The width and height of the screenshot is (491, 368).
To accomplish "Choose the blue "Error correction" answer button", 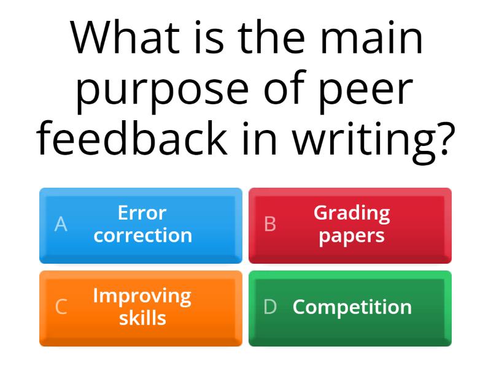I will [141, 225].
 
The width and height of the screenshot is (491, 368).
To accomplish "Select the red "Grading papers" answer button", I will [350, 225].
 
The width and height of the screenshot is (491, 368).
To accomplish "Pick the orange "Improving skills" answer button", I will [141, 308].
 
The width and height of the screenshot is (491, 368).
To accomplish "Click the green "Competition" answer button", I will [350, 308].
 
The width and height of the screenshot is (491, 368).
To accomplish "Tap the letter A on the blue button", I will [61, 225].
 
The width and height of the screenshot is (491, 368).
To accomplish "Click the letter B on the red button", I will [269, 225].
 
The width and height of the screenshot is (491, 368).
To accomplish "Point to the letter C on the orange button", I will [61, 307].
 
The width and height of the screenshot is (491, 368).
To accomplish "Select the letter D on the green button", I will [270, 307].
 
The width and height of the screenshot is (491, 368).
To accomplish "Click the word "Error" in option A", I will [142, 213].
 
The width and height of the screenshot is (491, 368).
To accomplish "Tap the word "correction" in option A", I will [142, 236].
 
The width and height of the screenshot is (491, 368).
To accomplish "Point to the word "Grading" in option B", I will [352, 213].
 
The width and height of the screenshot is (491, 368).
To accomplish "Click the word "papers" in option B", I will [352, 236].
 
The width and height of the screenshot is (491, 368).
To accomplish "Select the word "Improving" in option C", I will [142, 296].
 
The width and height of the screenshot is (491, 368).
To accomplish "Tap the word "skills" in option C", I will [142, 318].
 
